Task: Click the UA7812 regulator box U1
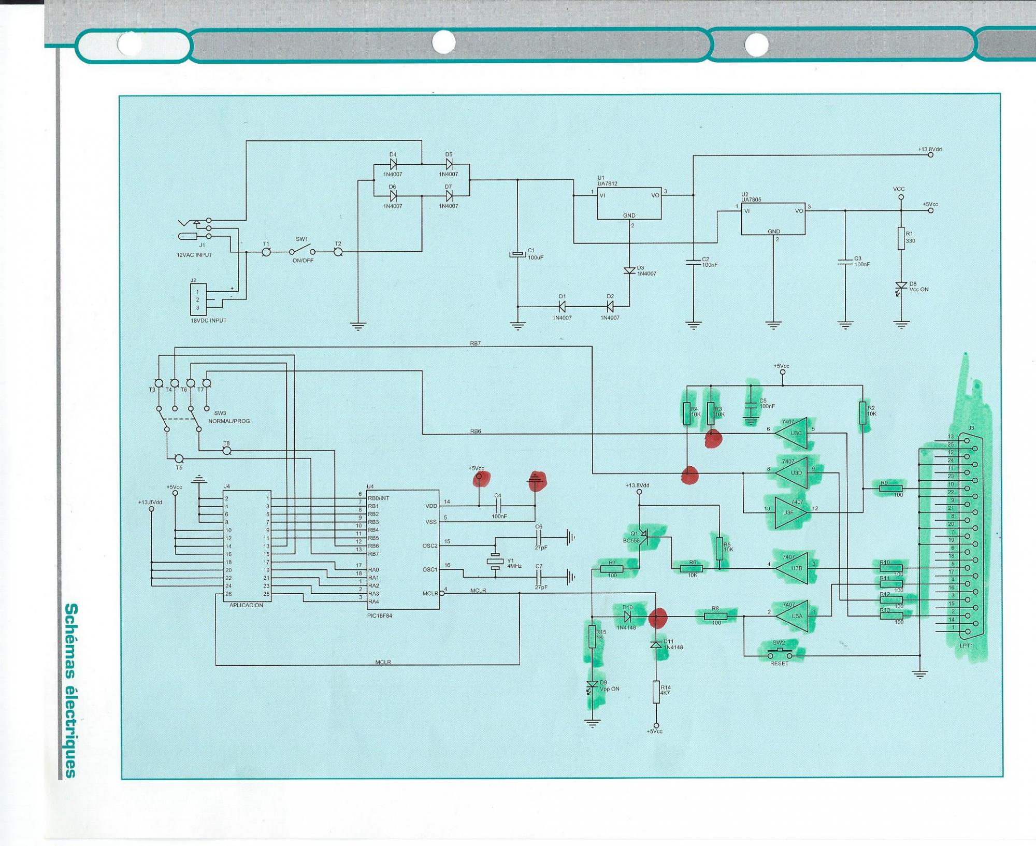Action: click(x=629, y=203)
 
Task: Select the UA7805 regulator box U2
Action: click(x=773, y=219)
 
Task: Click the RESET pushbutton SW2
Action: click(x=779, y=652)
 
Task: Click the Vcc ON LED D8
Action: click(x=901, y=286)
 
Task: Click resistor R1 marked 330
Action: click(x=901, y=238)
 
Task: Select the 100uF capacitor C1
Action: click(x=517, y=254)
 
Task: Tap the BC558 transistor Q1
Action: click(x=642, y=535)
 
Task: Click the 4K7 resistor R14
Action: click(x=656, y=692)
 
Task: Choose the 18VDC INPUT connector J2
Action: click(x=198, y=299)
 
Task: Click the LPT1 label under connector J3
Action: click(x=967, y=646)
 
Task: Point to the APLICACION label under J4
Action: click(x=246, y=605)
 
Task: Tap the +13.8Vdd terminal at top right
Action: click(x=930, y=154)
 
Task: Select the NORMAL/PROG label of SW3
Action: click(x=229, y=421)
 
